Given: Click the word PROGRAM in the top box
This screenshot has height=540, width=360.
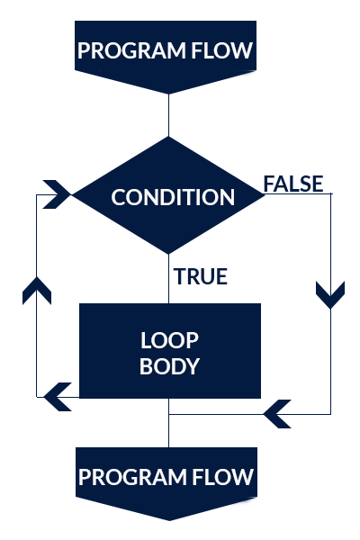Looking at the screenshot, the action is (131, 50).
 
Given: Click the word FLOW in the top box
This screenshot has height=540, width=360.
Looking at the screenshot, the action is (222, 50).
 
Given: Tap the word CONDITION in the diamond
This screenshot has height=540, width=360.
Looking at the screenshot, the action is (173, 197).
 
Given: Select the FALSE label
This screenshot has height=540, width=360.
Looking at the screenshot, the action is (293, 184).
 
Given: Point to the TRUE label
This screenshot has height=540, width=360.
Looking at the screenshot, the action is (201, 276).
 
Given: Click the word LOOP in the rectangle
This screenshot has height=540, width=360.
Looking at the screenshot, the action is (169, 340).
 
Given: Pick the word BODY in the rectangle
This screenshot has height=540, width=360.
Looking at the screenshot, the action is (169, 366).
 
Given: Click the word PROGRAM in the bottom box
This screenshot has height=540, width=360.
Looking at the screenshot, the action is (132, 477).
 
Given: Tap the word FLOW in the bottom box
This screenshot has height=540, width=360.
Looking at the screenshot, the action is (223, 477).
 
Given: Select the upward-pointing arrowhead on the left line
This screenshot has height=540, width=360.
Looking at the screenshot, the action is (37, 290).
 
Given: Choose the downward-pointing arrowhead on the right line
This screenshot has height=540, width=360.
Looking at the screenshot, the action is (330, 295).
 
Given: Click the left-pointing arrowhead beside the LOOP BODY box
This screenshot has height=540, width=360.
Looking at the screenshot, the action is (58, 397).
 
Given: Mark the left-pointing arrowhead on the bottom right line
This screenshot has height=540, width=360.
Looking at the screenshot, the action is (277, 414).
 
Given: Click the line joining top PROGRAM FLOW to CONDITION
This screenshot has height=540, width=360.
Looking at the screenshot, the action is (169, 115).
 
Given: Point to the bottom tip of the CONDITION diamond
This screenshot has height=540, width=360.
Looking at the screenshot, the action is (169, 254).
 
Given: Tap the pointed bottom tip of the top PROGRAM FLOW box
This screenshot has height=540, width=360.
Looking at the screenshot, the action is (169, 94).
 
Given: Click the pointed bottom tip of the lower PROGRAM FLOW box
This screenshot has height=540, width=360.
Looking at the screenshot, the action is (169, 520).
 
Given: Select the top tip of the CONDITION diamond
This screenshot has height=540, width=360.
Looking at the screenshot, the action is (169, 137).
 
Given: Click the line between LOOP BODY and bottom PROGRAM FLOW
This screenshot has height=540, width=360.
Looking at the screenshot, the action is (169, 423).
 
